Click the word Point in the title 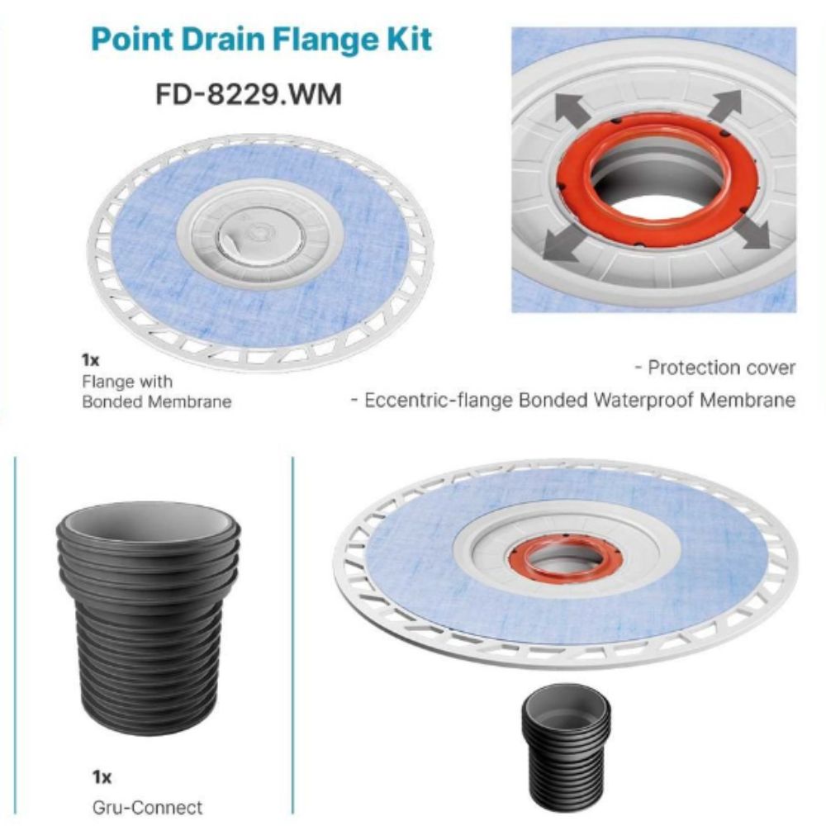point(132,40)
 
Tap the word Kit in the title point(403,40)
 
